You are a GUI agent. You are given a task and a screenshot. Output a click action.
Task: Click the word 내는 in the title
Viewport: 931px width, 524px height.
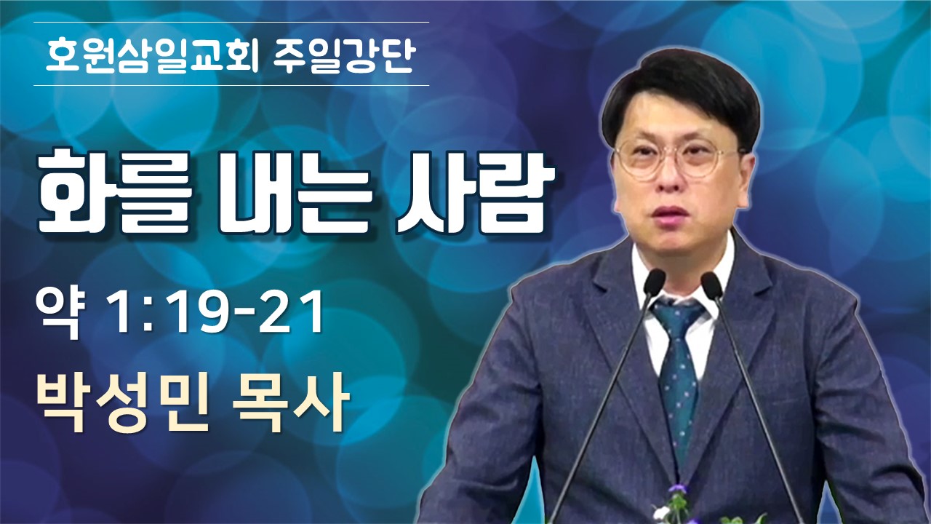tap(293, 194)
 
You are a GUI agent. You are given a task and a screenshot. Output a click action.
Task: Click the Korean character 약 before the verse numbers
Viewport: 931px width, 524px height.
tap(58, 313)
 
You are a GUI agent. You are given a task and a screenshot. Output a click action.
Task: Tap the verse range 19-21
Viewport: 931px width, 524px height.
tap(247, 313)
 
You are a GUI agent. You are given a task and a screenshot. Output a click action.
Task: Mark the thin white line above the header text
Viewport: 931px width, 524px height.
tap(231, 22)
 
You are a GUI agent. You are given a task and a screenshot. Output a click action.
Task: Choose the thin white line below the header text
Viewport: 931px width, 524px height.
tap(231, 85)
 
